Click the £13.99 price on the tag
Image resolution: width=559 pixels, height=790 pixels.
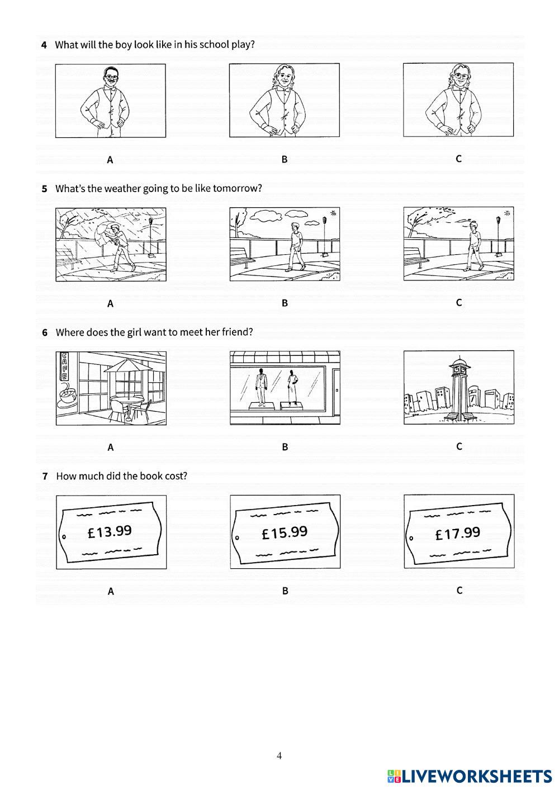coord(110,531)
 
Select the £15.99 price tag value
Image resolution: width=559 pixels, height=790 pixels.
coord(285,532)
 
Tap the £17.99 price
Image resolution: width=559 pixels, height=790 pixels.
coord(458,534)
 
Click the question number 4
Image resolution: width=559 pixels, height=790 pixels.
coord(44,45)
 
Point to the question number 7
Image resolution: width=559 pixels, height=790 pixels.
coord(45,477)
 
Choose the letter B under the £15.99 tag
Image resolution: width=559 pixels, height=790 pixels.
coord(285,591)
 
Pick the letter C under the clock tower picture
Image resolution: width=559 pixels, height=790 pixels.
coord(459,446)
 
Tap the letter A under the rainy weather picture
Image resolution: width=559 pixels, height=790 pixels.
coord(110,304)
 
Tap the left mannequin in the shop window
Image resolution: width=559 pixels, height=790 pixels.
coord(261,385)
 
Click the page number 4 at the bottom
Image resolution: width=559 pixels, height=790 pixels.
coord(279,756)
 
